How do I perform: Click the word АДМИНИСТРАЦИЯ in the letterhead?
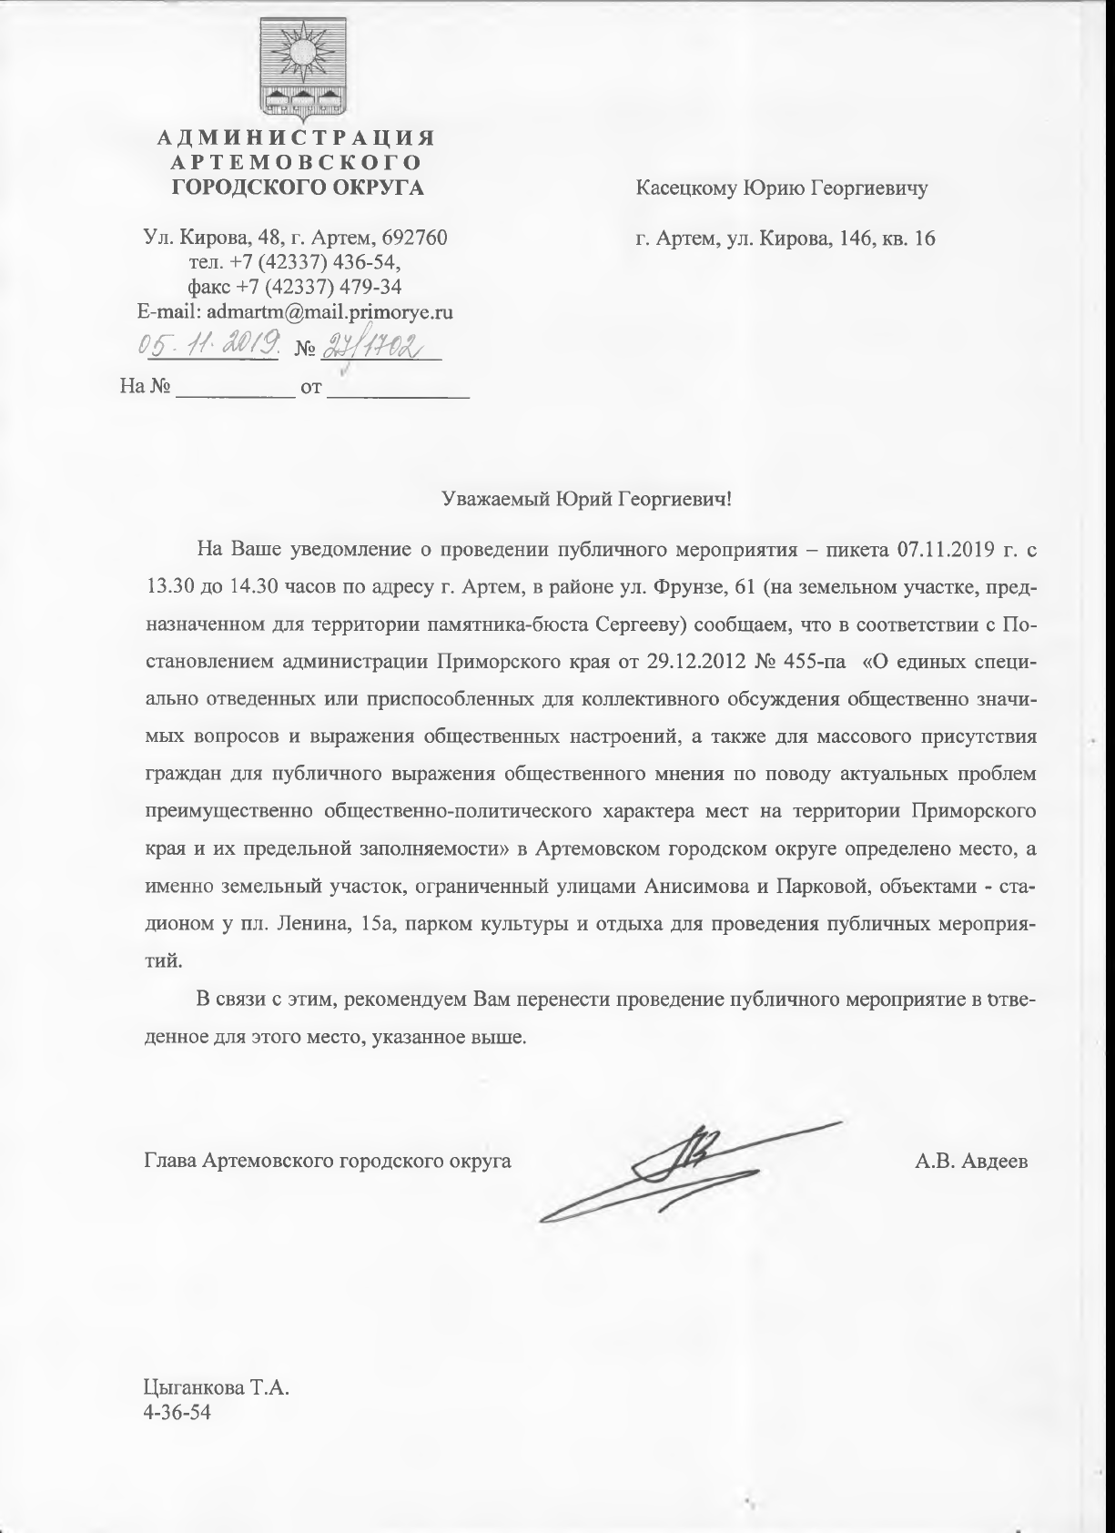click(x=297, y=138)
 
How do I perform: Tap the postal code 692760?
click(x=414, y=238)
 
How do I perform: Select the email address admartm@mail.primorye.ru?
click(x=329, y=311)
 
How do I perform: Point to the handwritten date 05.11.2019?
click(x=207, y=347)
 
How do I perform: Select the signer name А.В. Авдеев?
click(x=972, y=1161)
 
